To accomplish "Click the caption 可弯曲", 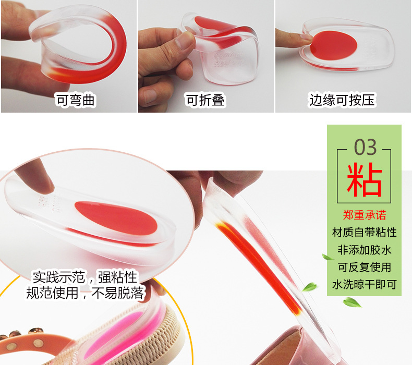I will (76, 100).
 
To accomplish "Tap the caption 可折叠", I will (205, 100).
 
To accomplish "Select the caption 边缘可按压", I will (342, 100).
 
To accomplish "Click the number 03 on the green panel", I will (365, 148).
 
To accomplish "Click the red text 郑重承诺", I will (365, 215).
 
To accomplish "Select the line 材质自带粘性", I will (365, 233).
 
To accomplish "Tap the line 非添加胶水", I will (365, 250).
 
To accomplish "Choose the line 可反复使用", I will (365, 267).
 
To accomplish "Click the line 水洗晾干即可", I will (365, 285).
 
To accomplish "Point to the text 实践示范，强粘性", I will (84, 276).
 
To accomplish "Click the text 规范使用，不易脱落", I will (84, 293).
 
